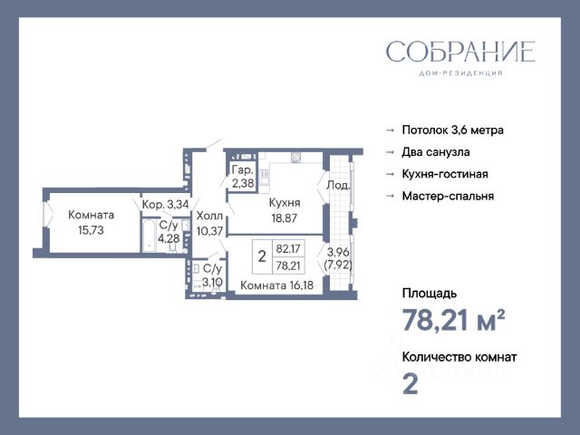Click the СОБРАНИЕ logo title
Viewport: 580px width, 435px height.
tap(460, 52)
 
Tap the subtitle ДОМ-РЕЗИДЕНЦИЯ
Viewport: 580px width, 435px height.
tap(460, 73)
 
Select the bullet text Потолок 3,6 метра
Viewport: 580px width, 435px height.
tap(453, 130)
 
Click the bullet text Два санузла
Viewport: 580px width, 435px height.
tap(436, 152)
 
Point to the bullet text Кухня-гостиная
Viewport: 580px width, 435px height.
tap(445, 174)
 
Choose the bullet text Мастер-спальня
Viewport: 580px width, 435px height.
tap(448, 196)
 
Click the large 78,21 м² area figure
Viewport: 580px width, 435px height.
tap(453, 320)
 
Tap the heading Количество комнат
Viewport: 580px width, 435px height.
tap(459, 357)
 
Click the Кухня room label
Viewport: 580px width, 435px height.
tap(285, 203)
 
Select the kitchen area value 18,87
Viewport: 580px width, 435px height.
tap(284, 218)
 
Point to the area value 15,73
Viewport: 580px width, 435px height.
tap(91, 230)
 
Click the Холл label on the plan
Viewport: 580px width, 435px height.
tap(209, 216)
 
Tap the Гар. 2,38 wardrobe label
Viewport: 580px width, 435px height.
tap(243, 177)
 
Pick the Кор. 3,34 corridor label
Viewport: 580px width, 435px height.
tap(165, 204)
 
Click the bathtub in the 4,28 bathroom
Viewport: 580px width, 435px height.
tap(149, 236)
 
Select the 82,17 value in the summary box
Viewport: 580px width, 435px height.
tap(288, 248)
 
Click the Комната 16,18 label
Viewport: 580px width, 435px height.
tap(276, 285)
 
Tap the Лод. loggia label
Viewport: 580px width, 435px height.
tap(338, 185)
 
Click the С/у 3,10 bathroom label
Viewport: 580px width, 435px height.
tap(213, 275)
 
